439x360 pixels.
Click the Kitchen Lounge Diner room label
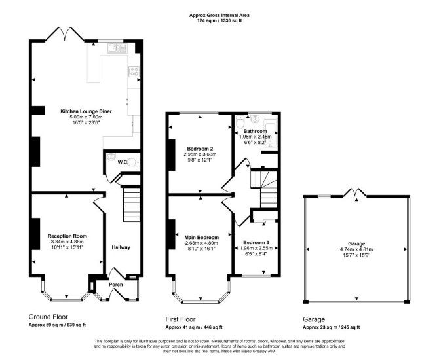coord(86,111)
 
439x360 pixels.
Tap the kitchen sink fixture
coord(117,48)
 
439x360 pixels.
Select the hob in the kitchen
coord(134,71)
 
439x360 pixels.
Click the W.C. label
coord(123,162)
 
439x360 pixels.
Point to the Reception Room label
coord(67,236)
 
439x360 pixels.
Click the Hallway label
coord(121,247)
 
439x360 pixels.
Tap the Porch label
coord(115,285)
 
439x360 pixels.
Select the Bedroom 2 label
coord(200,149)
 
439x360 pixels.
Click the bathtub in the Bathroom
coord(270,133)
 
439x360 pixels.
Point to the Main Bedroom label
coord(202,238)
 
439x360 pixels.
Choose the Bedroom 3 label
coord(256,243)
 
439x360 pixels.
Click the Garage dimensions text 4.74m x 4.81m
coord(356,249)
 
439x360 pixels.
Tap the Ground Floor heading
coord(48,317)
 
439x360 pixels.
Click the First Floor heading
coord(180,319)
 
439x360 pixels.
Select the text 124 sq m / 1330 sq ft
coord(220,20)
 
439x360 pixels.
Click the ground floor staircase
coord(131,204)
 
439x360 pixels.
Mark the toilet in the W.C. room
coord(134,162)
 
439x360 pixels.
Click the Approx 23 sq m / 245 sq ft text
coord(331,327)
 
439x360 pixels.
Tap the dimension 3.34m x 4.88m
coord(67,242)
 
